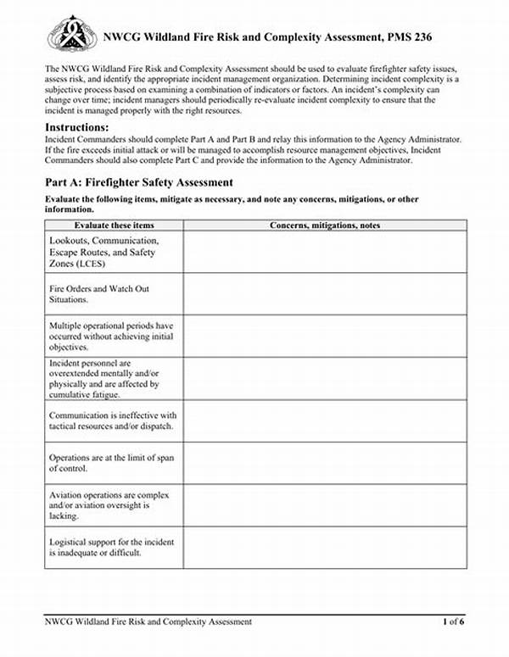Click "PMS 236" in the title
pyautogui.click(x=437, y=36)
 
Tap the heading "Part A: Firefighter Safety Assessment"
pyautogui.click(x=138, y=182)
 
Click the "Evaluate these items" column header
pyautogui.click(x=114, y=225)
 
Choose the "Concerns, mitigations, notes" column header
pyautogui.click(x=325, y=225)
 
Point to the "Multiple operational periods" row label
pyautogui.click(x=111, y=336)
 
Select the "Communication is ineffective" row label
pyautogui.click(x=112, y=420)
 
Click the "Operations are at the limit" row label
pyautogui.click(x=111, y=463)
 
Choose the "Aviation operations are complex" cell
pyautogui.click(x=109, y=505)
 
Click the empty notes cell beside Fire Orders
pyautogui.click(x=325, y=294)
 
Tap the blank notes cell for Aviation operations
pyautogui.click(x=325, y=505)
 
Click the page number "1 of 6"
pyautogui.click(x=453, y=622)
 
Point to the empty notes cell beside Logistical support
pyautogui.click(x=325, y=548)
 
